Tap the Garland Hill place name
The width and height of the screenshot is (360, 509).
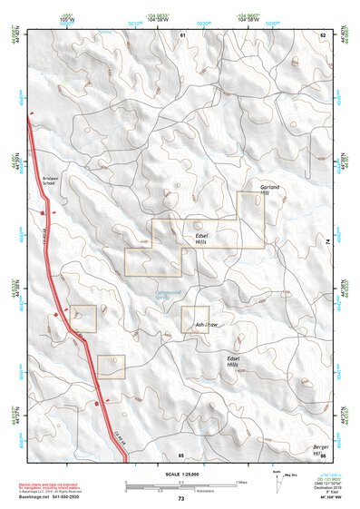pyautogui.click(x=270, y=190)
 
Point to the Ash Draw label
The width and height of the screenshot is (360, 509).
pyautogui.click(x=208, y=324)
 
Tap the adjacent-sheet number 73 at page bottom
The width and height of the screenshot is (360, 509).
pyautogui.click(x=180, y=499)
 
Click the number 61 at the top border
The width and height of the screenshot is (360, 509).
pyautogui.click(x=181, y=34)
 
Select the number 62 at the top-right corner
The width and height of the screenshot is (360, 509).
pyautogui.click(x=322, y=34)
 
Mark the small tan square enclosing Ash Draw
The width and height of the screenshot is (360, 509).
pyautogui.click(x=195, y=319)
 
